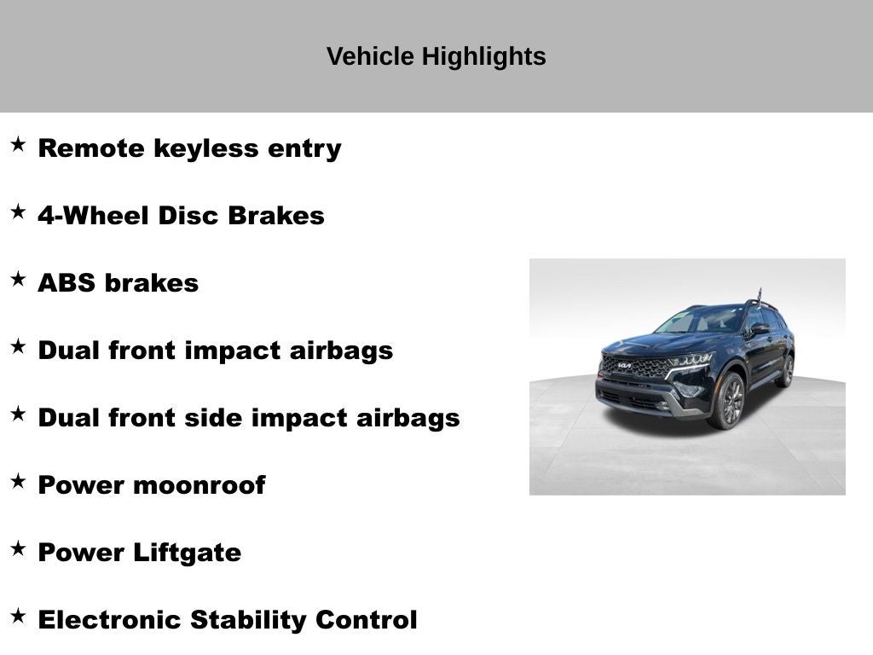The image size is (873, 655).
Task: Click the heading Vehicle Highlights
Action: point(436,56)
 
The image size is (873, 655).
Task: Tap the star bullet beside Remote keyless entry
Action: point(18,144)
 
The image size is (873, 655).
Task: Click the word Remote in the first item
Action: point(91,148)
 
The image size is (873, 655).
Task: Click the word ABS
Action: point(66,283)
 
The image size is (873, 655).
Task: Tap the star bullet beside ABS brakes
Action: point(18,279)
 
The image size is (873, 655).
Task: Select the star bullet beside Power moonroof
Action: point(18,481)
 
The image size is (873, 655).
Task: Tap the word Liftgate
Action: point(187,553)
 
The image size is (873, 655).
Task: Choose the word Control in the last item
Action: point(367,620)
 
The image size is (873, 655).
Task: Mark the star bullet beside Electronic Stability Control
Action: point(18,616)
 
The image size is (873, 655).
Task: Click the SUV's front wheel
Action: point(730,400)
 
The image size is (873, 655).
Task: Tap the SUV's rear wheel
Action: point(786,371)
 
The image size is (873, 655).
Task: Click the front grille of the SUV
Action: point(635,368)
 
